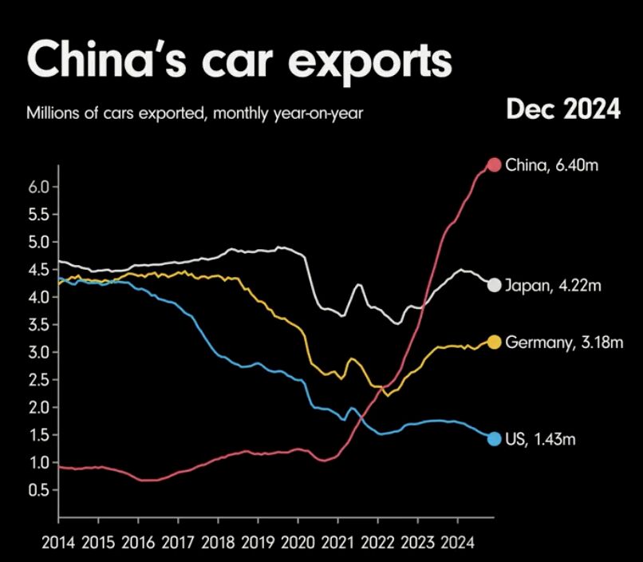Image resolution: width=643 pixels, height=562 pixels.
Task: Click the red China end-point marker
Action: click(494, 165)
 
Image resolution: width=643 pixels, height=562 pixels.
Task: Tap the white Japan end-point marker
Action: click(494, 285)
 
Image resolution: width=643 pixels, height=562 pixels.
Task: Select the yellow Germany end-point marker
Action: click(494, 342)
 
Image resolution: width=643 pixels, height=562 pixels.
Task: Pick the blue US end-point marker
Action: click(494, 438)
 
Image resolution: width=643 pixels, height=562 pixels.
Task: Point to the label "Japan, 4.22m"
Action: click(552, 285)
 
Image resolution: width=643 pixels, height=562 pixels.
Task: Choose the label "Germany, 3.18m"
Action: click(564, 342)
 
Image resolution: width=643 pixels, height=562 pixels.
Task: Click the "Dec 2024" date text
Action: click(562, 110)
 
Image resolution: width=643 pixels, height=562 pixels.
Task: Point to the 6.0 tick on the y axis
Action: click(39, 186)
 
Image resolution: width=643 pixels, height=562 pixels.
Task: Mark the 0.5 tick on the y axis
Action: click(39, 490)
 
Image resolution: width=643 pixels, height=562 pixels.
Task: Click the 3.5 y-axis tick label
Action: click(39, 324)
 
